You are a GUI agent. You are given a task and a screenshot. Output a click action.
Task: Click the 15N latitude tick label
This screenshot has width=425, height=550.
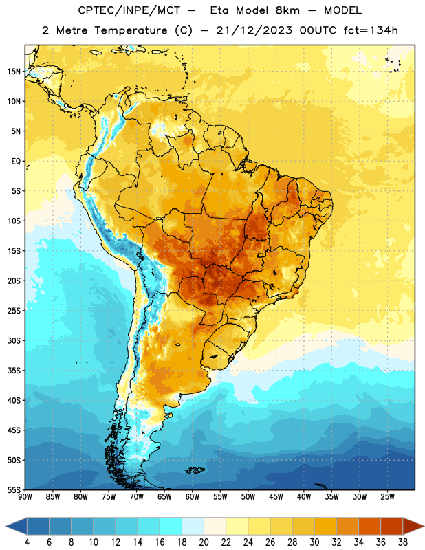pos(14,71)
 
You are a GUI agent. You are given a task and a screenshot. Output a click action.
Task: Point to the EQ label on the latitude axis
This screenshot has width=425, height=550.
pos(16,162)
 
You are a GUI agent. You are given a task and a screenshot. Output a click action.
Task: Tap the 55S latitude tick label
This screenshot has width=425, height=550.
pos(14,489)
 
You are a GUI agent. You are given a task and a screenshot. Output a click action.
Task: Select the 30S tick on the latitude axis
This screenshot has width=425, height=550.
pos(14,340)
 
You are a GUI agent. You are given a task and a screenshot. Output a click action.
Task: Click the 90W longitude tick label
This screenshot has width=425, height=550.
pos(25,497)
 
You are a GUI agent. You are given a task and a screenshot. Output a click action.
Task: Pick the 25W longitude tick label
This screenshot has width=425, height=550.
pos(387,497)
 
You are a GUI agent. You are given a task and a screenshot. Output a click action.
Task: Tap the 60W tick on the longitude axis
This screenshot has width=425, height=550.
pos(193,497)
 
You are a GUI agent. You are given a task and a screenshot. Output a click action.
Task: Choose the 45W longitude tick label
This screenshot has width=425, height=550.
pos(276,497)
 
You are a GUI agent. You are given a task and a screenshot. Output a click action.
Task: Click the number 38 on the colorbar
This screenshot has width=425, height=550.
pos(403,542)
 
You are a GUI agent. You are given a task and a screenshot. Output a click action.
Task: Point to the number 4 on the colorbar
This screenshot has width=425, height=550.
pos(27,542)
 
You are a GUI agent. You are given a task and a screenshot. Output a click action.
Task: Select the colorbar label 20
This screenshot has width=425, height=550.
pos(204,542)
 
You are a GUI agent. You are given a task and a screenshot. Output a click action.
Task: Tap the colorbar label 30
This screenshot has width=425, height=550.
pos(314,542)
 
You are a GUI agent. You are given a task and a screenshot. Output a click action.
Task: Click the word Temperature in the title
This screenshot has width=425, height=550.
pos(131,30)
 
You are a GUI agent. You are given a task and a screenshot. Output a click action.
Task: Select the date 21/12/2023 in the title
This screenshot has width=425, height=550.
pos(254,30)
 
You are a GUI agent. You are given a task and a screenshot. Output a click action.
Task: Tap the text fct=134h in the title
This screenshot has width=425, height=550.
pos(371,30)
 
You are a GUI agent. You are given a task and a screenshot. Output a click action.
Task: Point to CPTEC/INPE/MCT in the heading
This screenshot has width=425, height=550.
pos(129,10)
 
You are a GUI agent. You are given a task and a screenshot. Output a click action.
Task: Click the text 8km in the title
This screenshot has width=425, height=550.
pos(287,10)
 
